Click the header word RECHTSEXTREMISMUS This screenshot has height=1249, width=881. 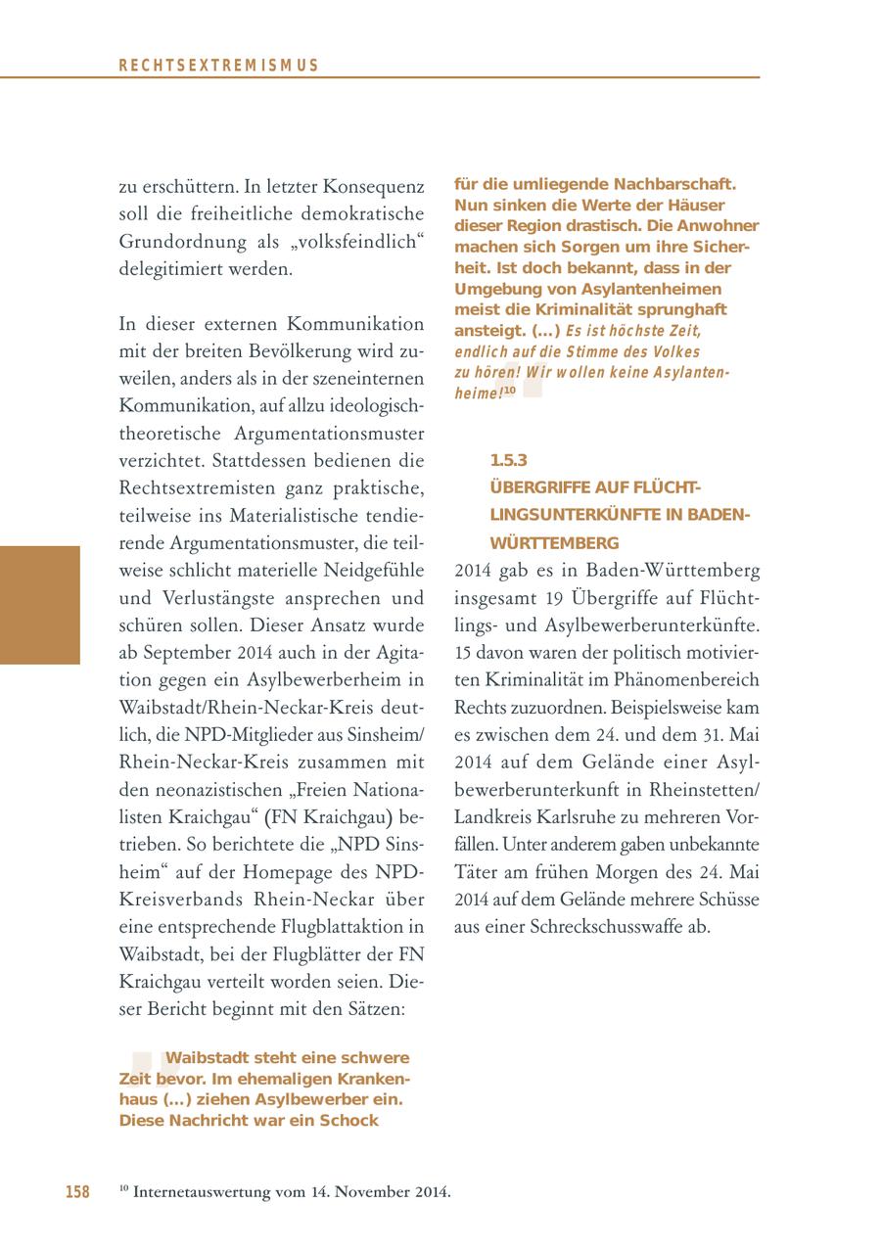[219, 66]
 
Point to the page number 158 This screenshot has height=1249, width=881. [77, 1191]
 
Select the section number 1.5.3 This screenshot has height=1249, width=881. [508, 459]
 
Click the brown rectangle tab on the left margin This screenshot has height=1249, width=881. [39, 605]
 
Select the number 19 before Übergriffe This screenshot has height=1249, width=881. [558, 597]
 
